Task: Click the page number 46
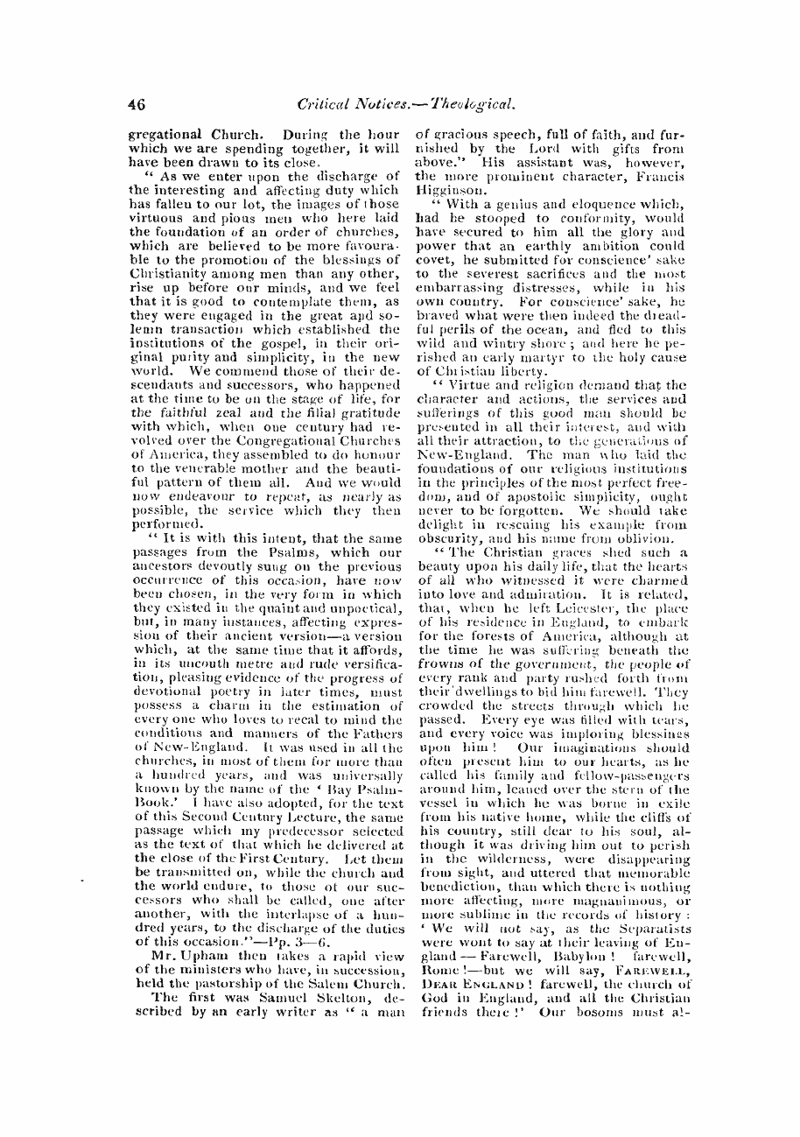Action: pos(136,103)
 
